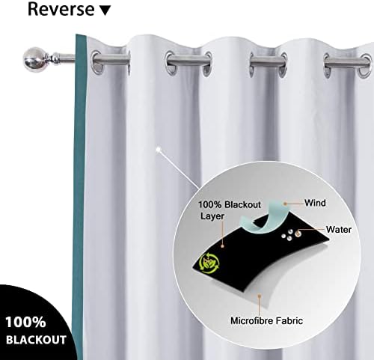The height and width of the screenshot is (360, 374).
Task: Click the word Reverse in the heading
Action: tap(61, 9)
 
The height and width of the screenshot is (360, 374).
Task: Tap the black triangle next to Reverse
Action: tap(105, 10)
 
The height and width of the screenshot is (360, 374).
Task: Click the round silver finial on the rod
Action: tap(34, 60)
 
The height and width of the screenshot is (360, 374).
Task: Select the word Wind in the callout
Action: tap(315, 203)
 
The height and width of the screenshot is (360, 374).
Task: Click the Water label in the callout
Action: tap(339, 230)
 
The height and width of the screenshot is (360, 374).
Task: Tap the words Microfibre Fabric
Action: tap(266, 321)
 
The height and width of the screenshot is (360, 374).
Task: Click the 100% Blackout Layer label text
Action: tap(230, 210)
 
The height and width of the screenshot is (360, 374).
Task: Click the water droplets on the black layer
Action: tap(291, 235)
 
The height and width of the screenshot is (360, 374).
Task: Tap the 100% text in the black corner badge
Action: tap(25, 322)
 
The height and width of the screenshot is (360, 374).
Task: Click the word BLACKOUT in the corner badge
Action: tap(36, 340)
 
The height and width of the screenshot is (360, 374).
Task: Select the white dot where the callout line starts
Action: tap(159, 150)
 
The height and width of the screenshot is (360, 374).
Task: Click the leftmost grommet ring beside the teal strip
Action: tap(97, 63)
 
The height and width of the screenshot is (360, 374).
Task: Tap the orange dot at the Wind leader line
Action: tap(286, 204)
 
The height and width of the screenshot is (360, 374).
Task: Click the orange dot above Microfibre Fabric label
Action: tap(260, 296)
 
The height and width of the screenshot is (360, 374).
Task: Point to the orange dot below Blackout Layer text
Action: tap(222, 246)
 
